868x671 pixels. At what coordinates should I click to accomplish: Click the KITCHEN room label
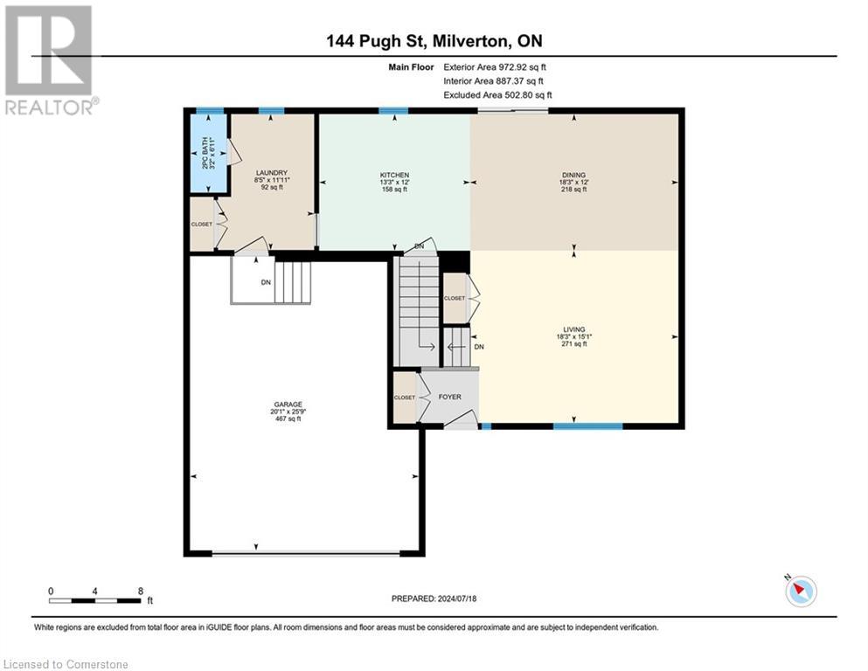tap(394, 175)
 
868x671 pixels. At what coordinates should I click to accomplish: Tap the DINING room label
tap(573, 175)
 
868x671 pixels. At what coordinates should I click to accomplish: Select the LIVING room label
tap(573, 329)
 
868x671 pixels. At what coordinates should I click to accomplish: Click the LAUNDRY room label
tap(272, 173)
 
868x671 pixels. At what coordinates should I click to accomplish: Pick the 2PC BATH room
tap(208, 154)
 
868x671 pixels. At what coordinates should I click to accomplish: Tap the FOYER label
tap(451, 397)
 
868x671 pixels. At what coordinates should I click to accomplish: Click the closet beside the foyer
tap(405, 398)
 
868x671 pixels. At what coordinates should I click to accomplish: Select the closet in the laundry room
tap(202, 225)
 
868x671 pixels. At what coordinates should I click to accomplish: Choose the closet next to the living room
tap(455, 298)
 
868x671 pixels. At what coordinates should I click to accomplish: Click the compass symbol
tap(801, 591)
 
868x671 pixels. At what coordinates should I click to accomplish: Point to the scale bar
tap(95, 600)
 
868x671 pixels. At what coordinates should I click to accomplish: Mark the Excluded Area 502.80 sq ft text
tap(497, 94)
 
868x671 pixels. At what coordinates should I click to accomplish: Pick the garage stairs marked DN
tap(272, 281)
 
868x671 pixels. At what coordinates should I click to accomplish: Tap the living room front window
tap(587, 426)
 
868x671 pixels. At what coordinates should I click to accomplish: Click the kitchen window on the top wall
tap(393, 111)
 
